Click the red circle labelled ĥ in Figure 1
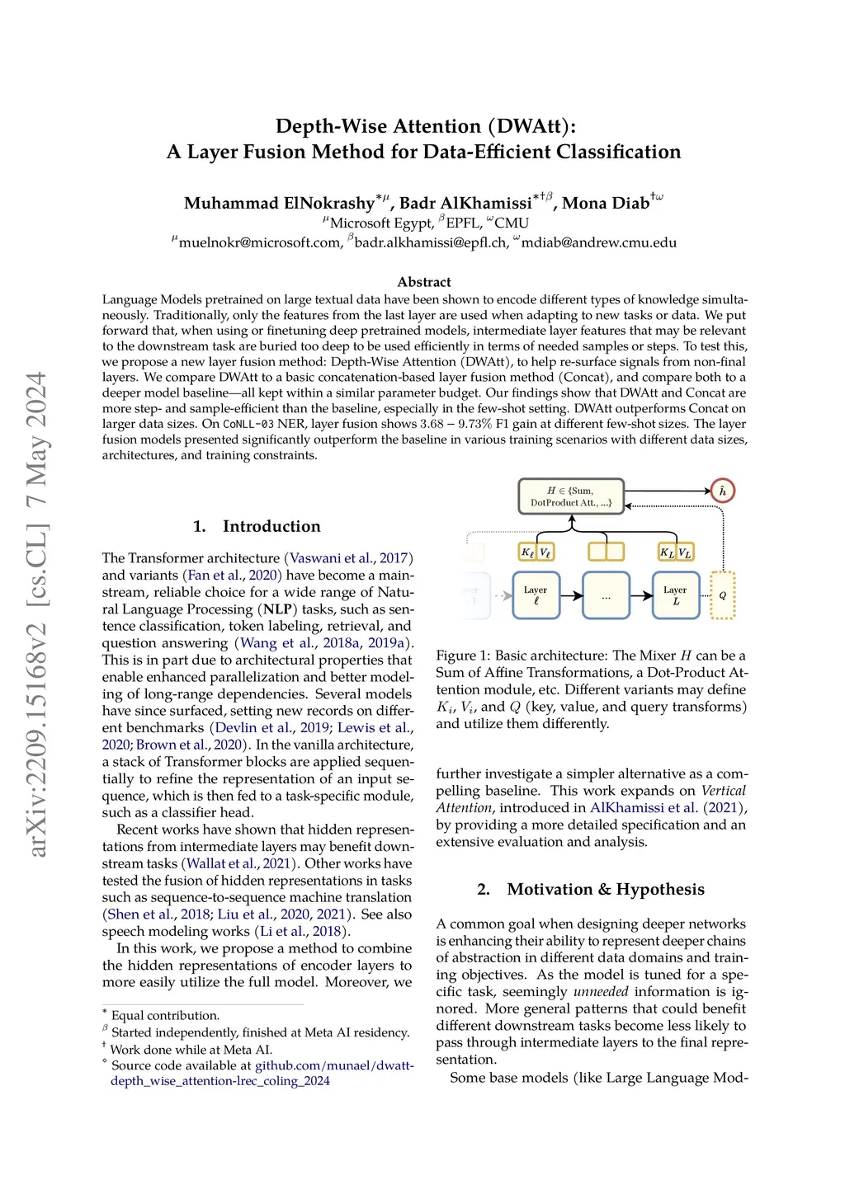pyautogui.click(x=722, y=491)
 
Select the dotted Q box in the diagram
pyautogui.click(x=722, y=595)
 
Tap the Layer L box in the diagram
pyautogui.click(x=675, y=595)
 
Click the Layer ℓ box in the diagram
pyautogui.click(x=536, y=595)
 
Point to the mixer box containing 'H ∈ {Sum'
pyautogui.click(x=571, y=496)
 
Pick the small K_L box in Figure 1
pyautogui.click(x=667, y=552)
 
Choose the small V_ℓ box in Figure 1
pyautogui.click(x=545, y=552)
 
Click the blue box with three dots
pyautogui.click(x=606, y=595)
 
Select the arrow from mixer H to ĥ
pyautogui.click(x=668, y=491)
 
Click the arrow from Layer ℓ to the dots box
pyautogui.click(x=571, y=595)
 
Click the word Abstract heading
pyautogui.click(x=424, y=282)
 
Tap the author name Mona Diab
pyautogui.click(x=606, y=203)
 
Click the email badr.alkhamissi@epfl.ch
pyautogui.click(x=431, y=242)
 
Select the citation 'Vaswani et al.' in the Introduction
pyautogui.click(x=331, y=558)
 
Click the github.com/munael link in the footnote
pyautogui.click(x=334, y=1065)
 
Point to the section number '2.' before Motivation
pyautogui.click(x=484, y=889)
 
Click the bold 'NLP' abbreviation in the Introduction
pyautogui.click(x=276, y=609)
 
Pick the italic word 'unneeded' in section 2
pyautogui.click(x=601, y=992)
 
